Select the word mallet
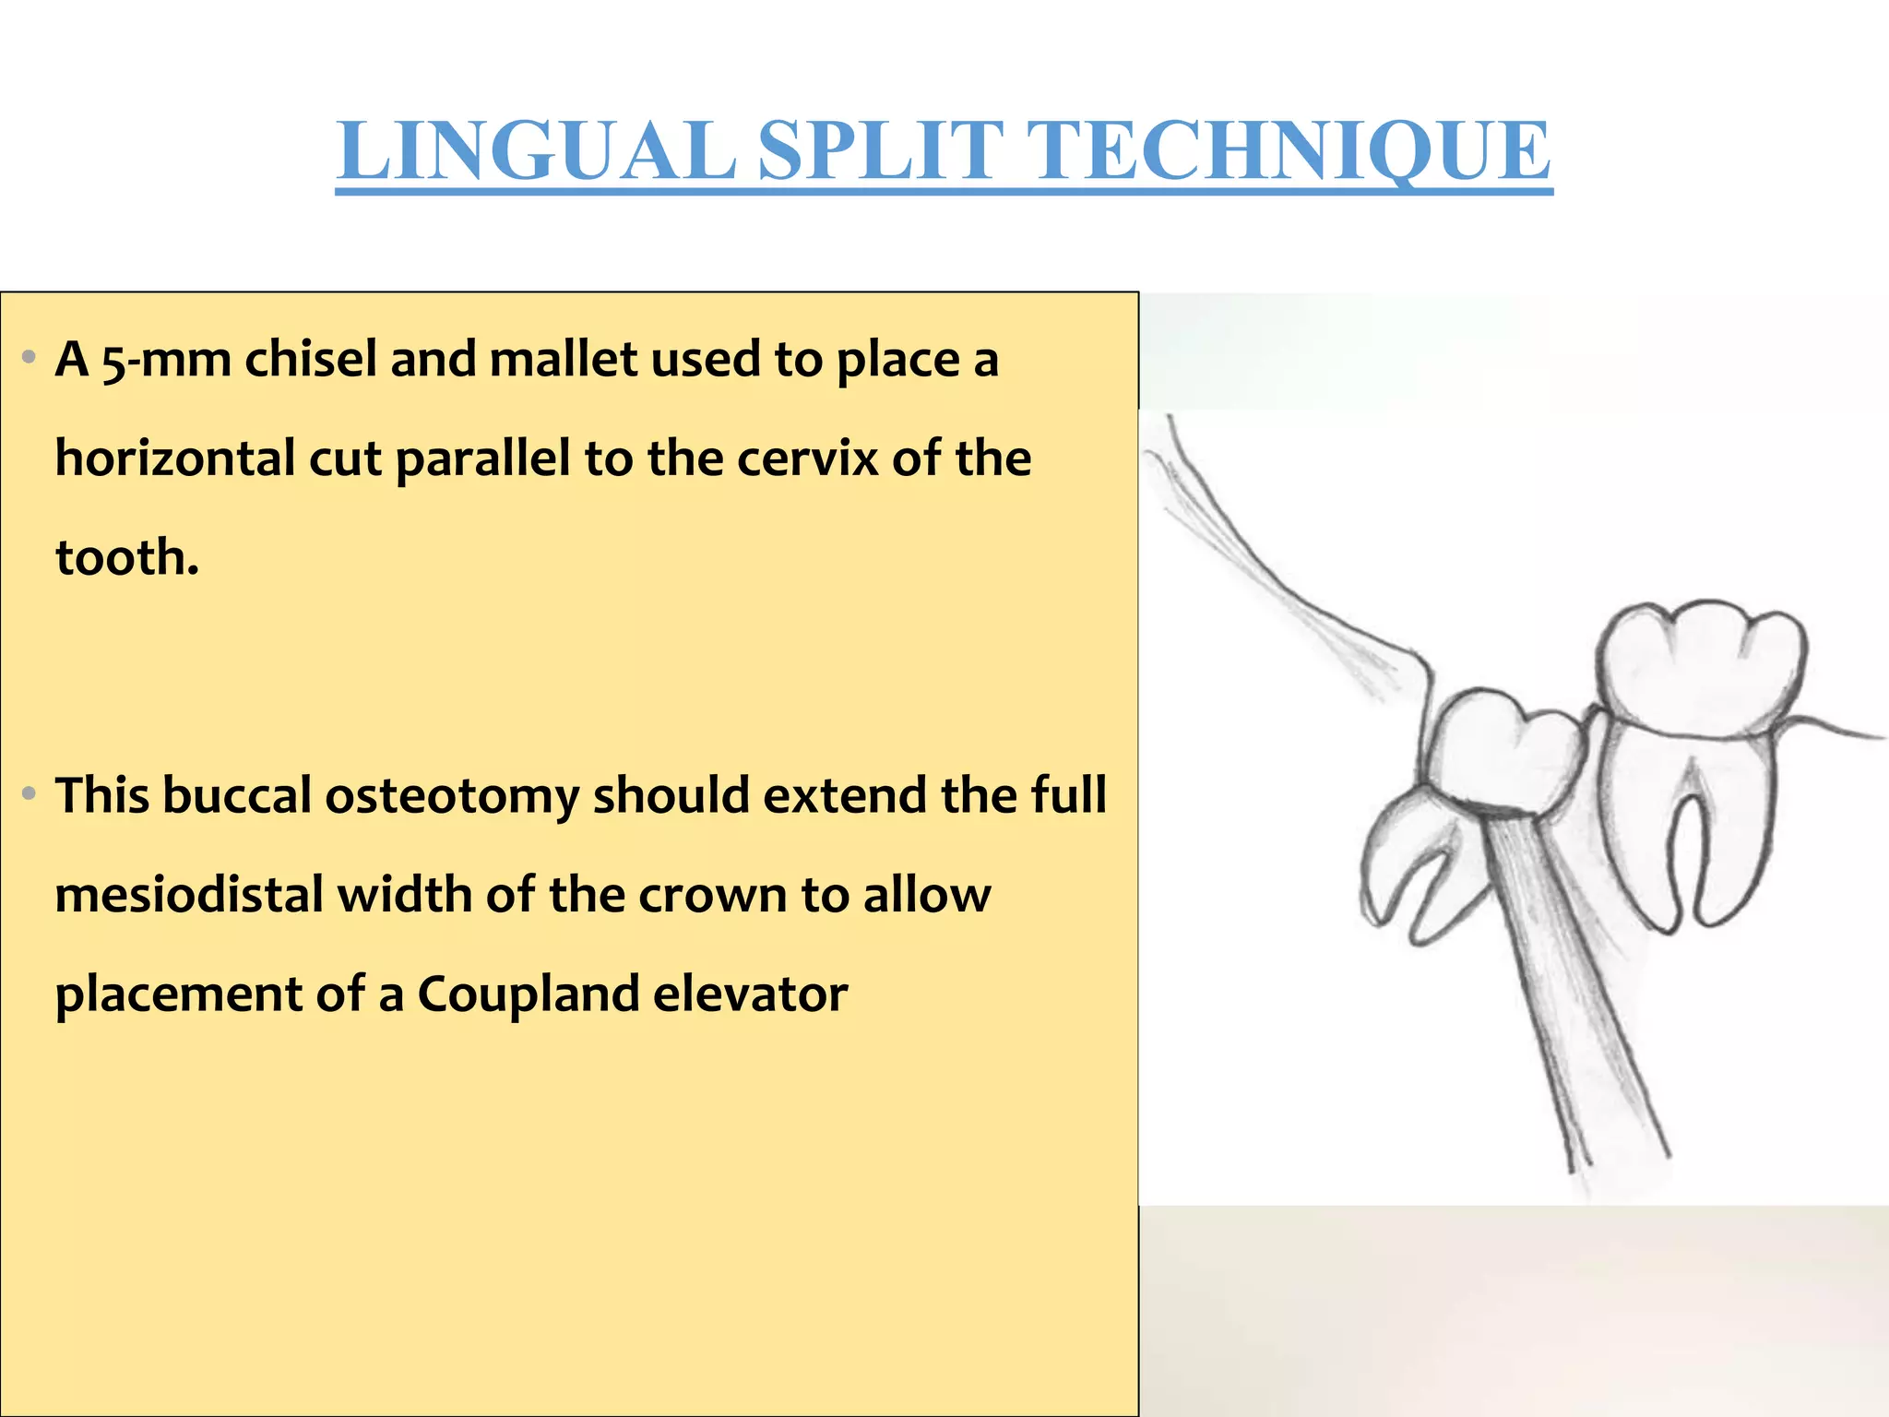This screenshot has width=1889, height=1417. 564,360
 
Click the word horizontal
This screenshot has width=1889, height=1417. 175,458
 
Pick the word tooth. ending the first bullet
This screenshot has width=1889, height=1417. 127,558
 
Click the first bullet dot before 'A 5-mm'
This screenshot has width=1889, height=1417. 30,357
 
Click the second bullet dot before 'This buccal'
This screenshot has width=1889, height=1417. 30,793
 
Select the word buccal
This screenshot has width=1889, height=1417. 237,796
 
